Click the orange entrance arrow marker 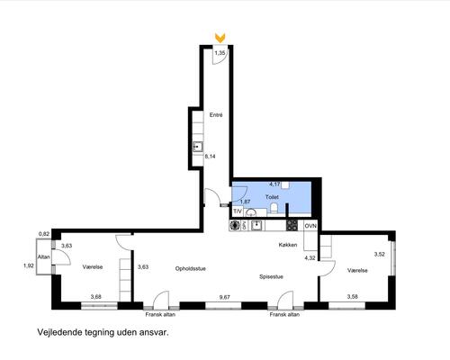tap(220, 38)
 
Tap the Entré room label tap(216, 115)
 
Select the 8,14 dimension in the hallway tap(210, 157)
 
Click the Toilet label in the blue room tap(272, 197)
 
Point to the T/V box tap(238, 211)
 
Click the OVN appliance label tap(310, 226)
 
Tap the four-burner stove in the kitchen tap(292, 226)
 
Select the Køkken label tap(288, 245)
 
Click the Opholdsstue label tap(191, 269)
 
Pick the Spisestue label tap(271, 276)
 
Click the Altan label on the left tap(43, 256)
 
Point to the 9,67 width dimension tap(225, 297)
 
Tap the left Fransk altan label tap(160, 314)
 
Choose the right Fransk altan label tap(284, 314)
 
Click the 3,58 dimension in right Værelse tap(353, 297)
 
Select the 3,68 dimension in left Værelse tap(96, 297)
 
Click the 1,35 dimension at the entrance tap(220, 53)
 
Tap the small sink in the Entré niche tap(198, 147)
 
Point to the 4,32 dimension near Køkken tap(310, 257)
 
